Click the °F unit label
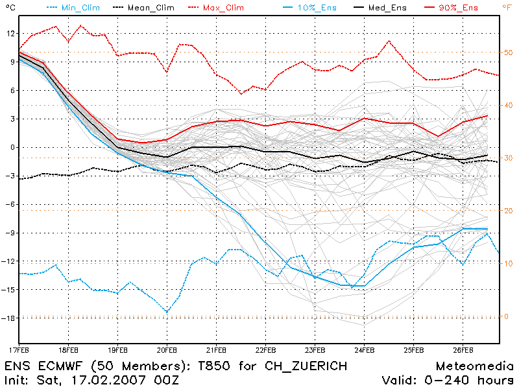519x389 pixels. pyautogui.click(x=506, y=7)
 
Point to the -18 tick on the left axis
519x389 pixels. pyautogui.click(x=8, y=318)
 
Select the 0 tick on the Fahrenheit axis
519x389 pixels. pyautogui.click(x=507, y=316)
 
